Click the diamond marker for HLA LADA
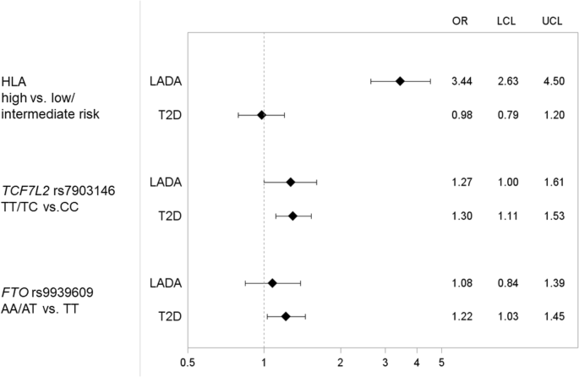(400, 81)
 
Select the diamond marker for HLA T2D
(261, 115)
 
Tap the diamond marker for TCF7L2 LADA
(291, 182)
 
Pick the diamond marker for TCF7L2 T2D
(293, 216)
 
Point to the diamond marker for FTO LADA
(272, 282)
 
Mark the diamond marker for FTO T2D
(286, 316)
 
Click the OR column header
(461, 21)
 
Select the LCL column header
(507, 21)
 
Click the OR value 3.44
(461, 81)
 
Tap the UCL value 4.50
(554, 81)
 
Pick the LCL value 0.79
(507, 115)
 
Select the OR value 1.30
(461, 216)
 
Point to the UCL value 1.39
(554, 282)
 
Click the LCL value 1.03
(507, 316)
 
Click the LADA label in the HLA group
(166, 81)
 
